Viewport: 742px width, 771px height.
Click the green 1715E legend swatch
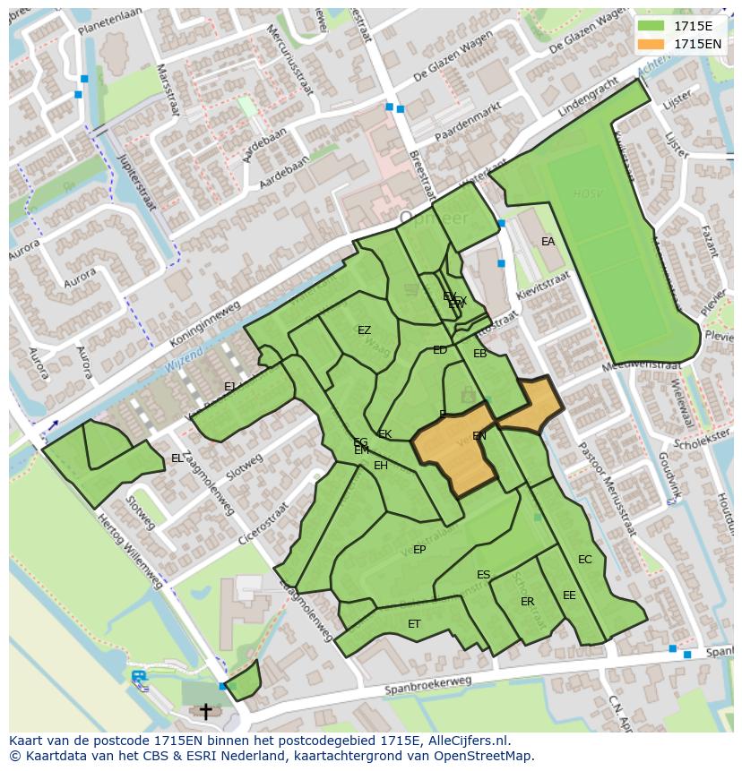click(651, 26)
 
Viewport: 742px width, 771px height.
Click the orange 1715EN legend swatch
click(651, 43)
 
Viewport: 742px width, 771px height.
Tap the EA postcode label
click(548, 242)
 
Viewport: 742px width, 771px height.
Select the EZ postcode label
click(364, 330)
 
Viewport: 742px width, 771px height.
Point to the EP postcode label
click(418, 550)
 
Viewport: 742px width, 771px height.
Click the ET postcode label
click(414, 624)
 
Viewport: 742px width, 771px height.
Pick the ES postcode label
click(483, 575)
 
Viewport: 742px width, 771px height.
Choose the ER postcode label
click(527, 602)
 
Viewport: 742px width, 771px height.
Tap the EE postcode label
click(569, 595)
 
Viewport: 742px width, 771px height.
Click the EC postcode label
click(584, 560)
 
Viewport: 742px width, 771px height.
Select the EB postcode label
click(479, 354)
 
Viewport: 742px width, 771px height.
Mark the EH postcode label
click(381, 466)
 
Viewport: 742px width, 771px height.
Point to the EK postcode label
click(385, 434)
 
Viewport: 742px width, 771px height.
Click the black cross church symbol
click(205, 712)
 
